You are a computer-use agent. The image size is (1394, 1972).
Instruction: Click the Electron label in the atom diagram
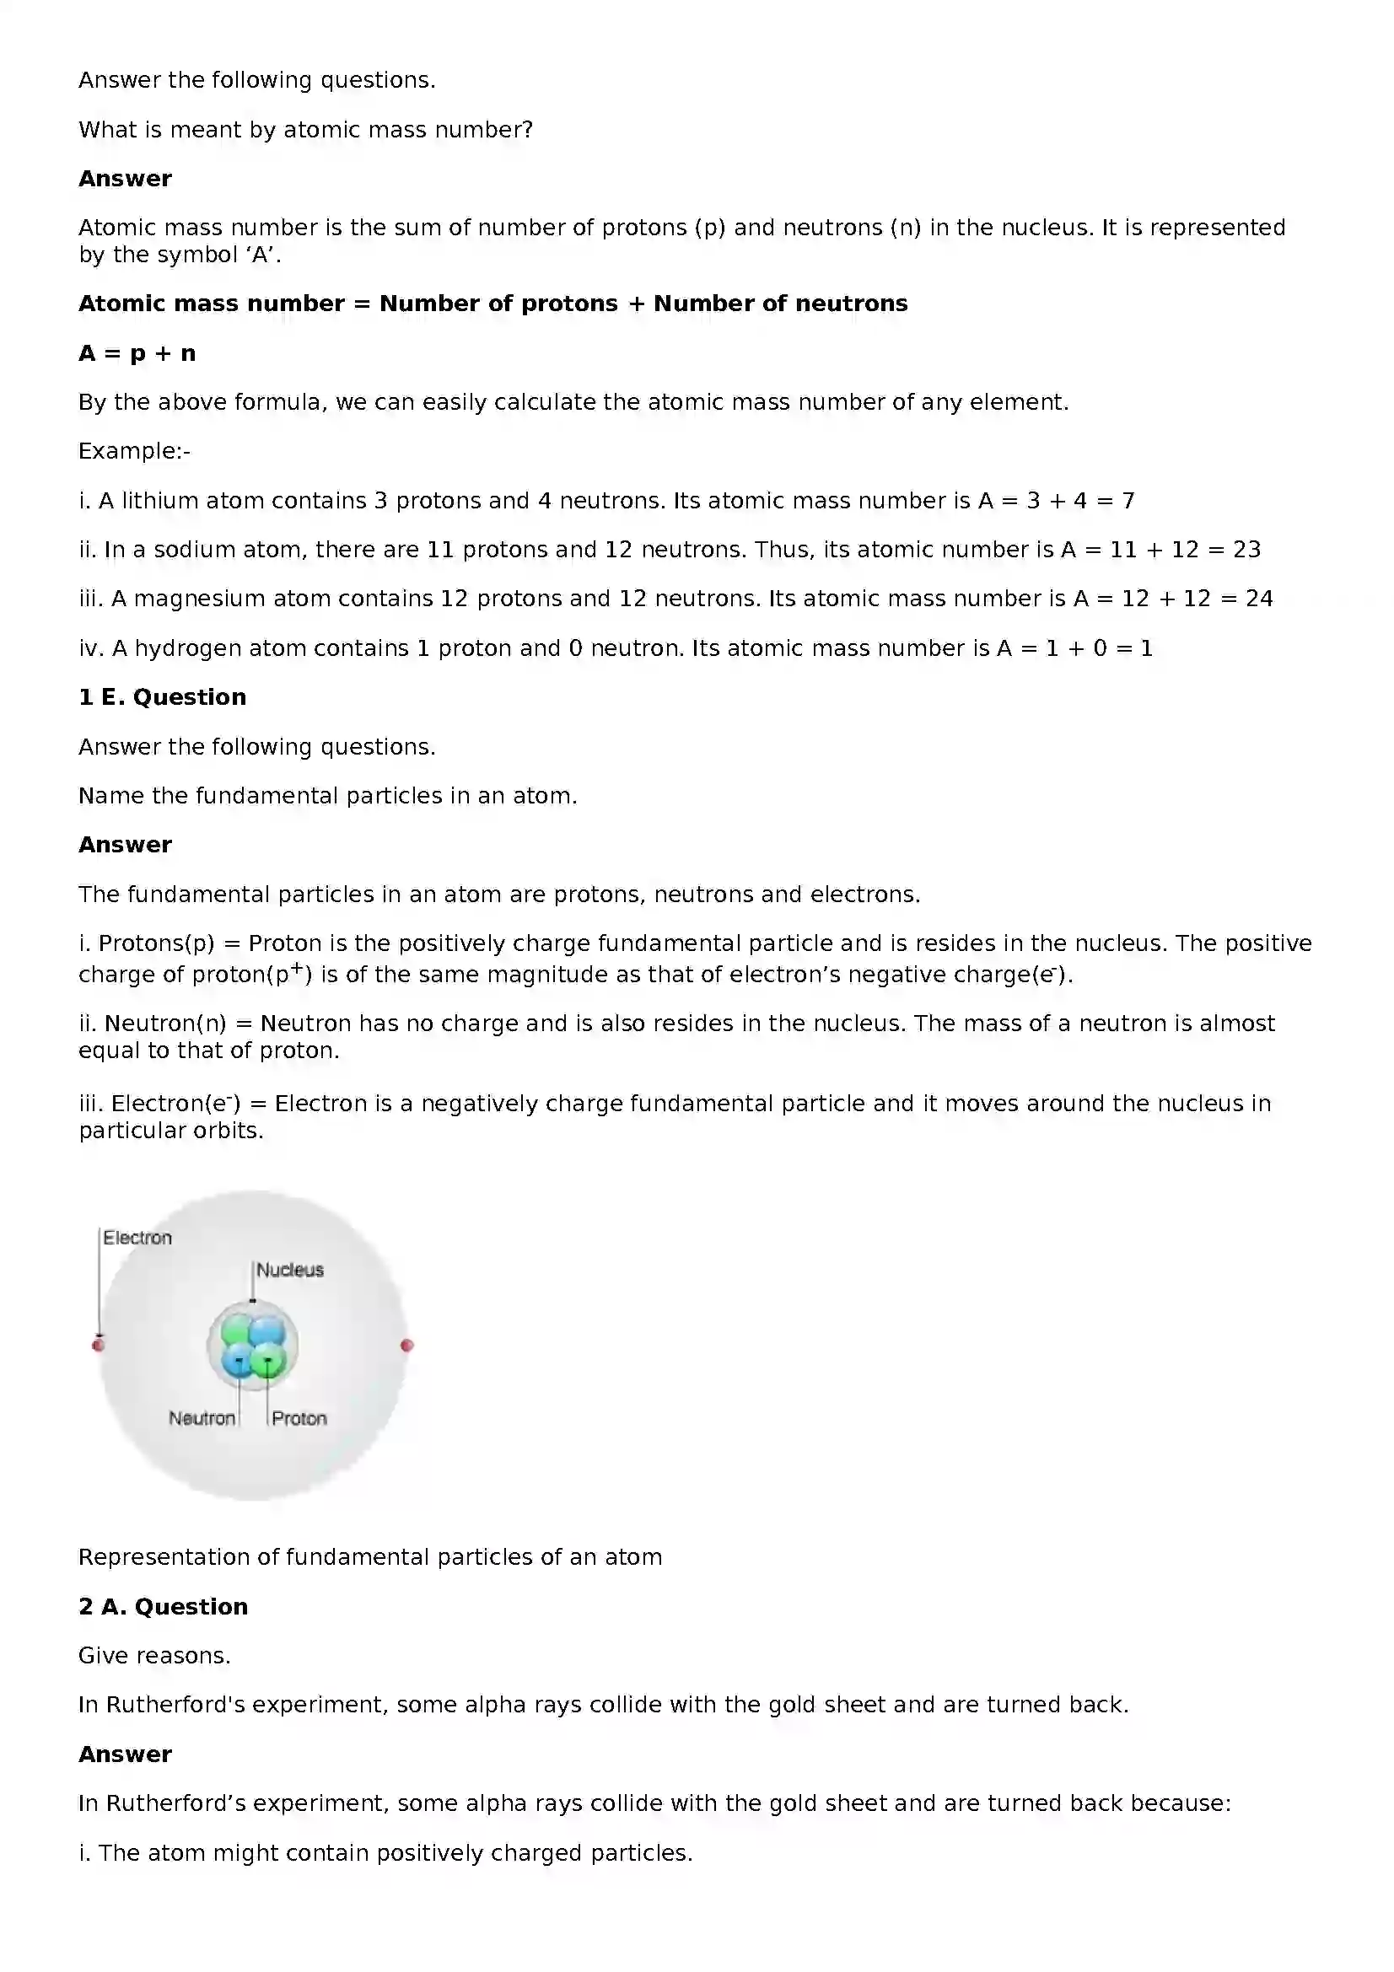point(137,1238)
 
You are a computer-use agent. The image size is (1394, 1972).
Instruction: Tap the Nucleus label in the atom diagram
point(290,1270)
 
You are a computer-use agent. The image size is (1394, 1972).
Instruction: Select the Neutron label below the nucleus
point(202,1418)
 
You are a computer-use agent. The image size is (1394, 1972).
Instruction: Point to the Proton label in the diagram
point(299,1418)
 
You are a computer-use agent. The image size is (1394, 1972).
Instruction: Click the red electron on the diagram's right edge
point(407,1345)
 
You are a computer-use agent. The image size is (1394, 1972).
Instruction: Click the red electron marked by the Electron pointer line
point(98,1344)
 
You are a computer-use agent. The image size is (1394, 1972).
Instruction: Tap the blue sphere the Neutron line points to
point(237,1361)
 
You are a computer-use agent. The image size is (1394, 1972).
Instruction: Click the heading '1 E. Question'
point(162,696)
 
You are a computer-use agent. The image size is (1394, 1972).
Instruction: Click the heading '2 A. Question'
point(164,1606)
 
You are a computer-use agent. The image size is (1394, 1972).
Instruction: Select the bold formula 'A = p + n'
point(137,353)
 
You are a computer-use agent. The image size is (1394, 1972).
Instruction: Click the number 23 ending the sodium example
point(1246,550)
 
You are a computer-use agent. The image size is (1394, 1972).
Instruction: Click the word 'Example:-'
point(134,451)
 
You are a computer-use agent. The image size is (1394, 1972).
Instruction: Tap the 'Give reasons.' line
point(154,1656)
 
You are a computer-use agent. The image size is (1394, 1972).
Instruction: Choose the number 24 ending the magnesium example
point(1258,599)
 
